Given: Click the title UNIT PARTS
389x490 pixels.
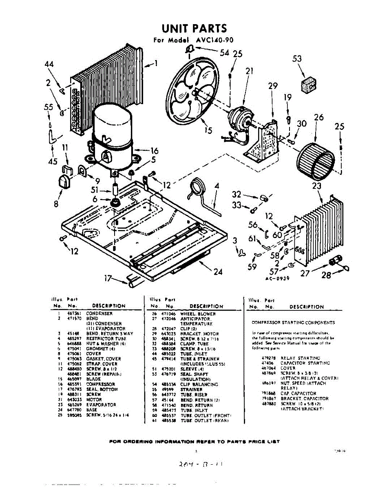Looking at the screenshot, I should point(194,29).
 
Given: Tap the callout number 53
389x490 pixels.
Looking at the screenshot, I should point(297,59).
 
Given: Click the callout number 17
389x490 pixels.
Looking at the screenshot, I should point(108,278).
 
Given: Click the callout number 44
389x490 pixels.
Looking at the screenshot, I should point(49,64).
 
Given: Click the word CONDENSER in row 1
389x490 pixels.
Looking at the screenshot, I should point(99,314).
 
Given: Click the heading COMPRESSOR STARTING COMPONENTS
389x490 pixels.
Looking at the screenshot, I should point(294,323).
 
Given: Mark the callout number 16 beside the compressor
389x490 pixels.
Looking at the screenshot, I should point(154,150).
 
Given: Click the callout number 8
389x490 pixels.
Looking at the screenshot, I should point(56,203).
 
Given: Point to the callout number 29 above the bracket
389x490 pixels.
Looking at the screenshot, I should point(273,86).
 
